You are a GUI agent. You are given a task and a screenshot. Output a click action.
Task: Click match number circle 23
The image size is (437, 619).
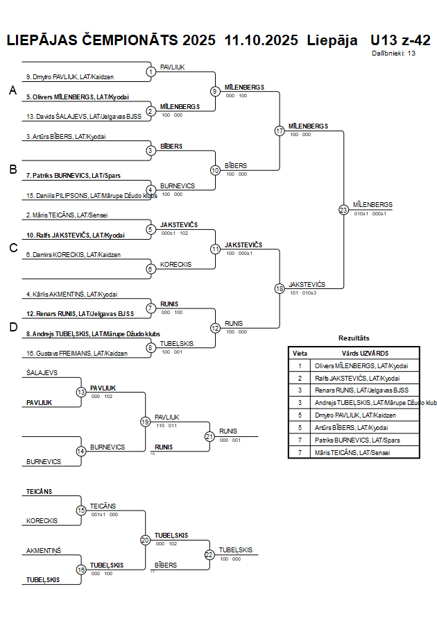[x=343, y=209]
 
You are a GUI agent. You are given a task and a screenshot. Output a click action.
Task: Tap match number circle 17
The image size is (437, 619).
[x=280, y=130]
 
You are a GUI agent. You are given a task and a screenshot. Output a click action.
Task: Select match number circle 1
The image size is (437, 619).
[x=151, y=72]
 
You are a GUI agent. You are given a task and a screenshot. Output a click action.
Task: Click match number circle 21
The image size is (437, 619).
[x=209, y=436]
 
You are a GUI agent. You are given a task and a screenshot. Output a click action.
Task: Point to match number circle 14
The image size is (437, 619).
[x=81, y=451]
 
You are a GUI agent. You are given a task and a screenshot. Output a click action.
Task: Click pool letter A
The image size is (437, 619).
[x=12, y=91]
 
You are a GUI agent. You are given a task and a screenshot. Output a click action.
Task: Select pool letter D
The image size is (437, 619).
[x=12, y=327]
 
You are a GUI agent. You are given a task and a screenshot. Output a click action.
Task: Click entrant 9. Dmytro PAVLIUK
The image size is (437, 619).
[x=69, y=76]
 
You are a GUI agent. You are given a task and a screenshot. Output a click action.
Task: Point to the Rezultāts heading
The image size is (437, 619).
[x=354, y=338]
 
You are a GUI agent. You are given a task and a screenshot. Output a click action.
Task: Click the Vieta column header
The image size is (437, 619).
[x=300, y=353]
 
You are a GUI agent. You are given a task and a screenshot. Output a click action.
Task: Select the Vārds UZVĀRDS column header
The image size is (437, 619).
[x=360, y=353]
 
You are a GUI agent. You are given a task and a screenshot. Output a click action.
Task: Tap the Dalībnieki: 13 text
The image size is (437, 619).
[x=393, y=53]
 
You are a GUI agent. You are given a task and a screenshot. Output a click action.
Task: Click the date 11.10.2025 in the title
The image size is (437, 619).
[x=262, y=40]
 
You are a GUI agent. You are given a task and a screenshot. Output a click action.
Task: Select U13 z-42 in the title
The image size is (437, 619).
[x=400, y=40]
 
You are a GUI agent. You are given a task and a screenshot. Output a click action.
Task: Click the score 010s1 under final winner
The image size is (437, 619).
[x=361, y=214]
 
